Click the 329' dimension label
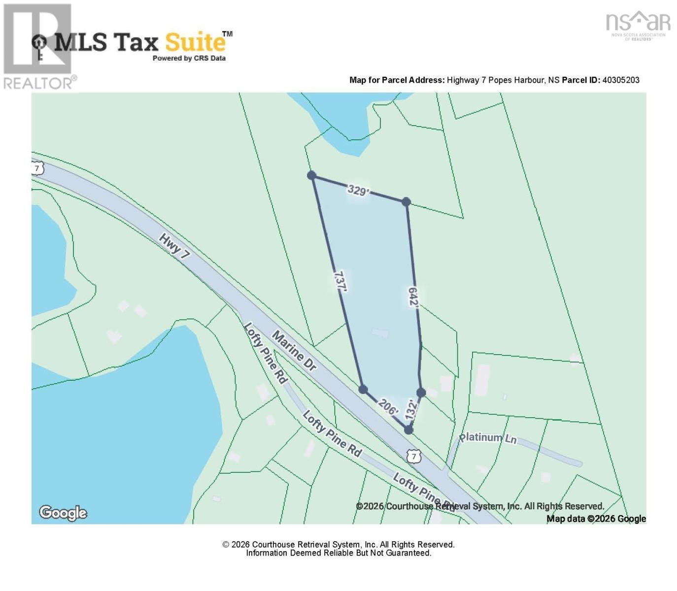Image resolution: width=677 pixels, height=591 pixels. [x=358, y=190]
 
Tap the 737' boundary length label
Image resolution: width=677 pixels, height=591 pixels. [x=340, y=282]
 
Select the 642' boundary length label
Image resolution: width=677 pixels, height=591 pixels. [x=413, y=297]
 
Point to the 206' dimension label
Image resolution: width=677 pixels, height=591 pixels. [x=388, y=407]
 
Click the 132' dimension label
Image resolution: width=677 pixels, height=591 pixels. [x=411, y=410]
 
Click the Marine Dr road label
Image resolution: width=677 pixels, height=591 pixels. [x=294, y=351]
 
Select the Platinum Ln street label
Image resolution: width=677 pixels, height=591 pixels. [x=488, y=437]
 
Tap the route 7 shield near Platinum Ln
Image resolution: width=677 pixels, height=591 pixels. [x=414, y=457]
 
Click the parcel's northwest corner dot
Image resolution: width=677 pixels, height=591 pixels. [x=311, y=175]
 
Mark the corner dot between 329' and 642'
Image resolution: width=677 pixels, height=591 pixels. [x=406, y=201]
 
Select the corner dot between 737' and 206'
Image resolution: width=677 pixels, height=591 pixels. [x=363, y=390]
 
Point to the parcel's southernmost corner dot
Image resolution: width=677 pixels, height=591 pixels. [x=408, y=430]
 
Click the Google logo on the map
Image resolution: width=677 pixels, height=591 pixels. [x=63, y=513]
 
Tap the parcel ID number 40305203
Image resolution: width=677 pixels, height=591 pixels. [x=621, y=80]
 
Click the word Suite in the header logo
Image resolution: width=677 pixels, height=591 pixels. [x=195, y=42]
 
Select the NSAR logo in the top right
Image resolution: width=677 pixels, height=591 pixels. [x=638, y=25]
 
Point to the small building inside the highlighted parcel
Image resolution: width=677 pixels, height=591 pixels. [x=380, y=333]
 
